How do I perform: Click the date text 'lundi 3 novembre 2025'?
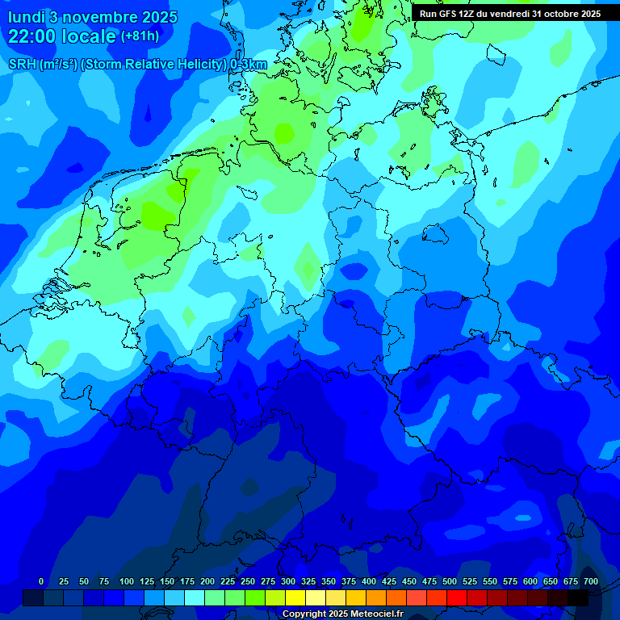[x=93, y=16]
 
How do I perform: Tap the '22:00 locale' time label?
[x=62, y=36]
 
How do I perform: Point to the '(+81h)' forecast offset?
[x=140, y=36]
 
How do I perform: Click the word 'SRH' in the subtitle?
[x=23, y=65]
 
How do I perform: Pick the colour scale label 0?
[x=41, y=581]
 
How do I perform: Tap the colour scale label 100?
[x=127, y=581]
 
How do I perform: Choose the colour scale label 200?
[x=207, y=581]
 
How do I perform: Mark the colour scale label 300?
[x=288, y=581]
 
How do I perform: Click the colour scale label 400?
[x=369, y=581]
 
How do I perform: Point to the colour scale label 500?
[x=450, y=581]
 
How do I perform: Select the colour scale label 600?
[x=530, y=581]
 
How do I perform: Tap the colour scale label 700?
[x=591, y=581]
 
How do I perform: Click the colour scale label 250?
[x=248, y=581]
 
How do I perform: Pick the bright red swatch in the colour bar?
[x=457, y=597]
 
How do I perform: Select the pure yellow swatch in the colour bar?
[x=295, y=597]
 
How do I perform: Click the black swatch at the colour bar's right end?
[x=578, y=597]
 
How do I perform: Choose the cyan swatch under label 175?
[x=195, y=597]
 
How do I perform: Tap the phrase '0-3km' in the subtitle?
[x=249, y=65]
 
